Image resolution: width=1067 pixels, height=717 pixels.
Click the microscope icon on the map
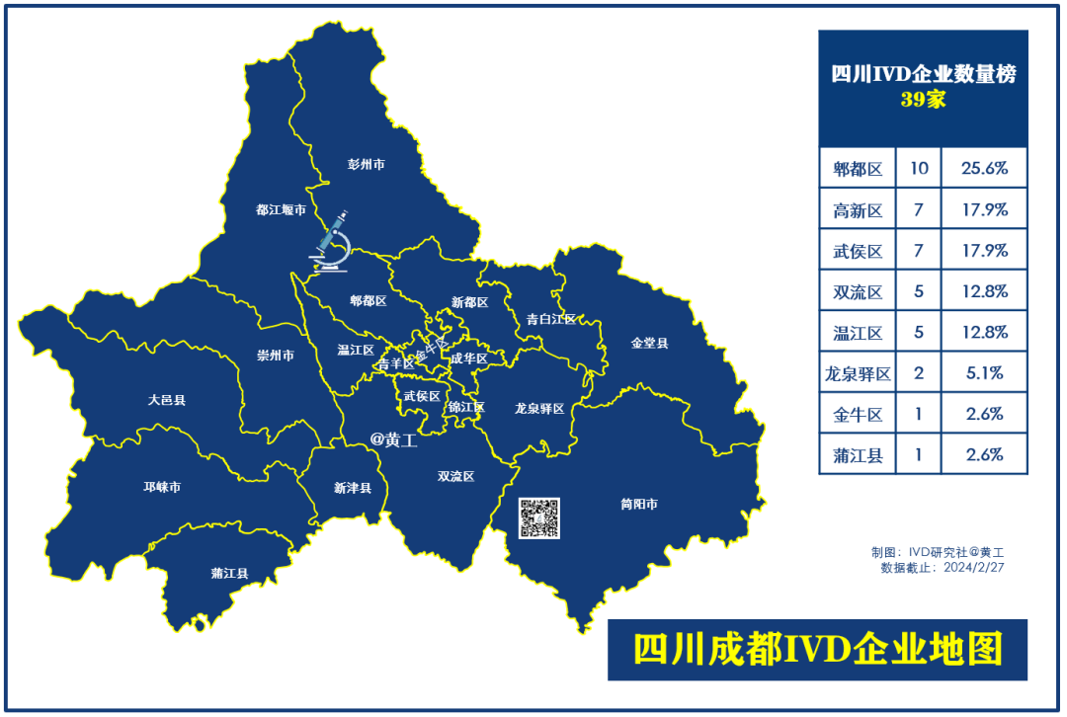click(331, 240)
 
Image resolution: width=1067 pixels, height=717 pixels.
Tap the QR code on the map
click(539, 518)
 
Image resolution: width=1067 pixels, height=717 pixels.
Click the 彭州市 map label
click(366, 165)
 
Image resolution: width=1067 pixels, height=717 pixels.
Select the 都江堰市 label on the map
click(281, 209)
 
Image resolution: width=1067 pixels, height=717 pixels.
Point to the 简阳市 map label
click(639, 504)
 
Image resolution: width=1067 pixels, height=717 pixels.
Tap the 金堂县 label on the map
click(649, 343)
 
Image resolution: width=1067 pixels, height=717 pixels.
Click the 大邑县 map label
click(167, 400)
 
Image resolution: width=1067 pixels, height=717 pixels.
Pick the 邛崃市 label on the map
click(162, 487)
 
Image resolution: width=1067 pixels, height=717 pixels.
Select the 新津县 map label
click(352, 488)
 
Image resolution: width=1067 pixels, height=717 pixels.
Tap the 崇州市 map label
click(275, 356)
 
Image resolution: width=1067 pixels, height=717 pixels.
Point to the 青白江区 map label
click(550, 319)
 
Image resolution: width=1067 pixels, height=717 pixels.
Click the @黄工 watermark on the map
click(393, 440)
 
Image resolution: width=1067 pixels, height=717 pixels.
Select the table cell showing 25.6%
click(984, 168)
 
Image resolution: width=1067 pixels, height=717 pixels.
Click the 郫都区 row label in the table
click(857, 168)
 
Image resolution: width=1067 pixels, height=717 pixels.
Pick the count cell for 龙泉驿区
click(918, 373)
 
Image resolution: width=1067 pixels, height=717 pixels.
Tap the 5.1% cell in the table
click(984, 373)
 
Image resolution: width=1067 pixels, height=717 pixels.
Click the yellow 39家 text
click(923, 100)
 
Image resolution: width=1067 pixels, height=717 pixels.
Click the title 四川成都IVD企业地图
click(817, 649)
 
